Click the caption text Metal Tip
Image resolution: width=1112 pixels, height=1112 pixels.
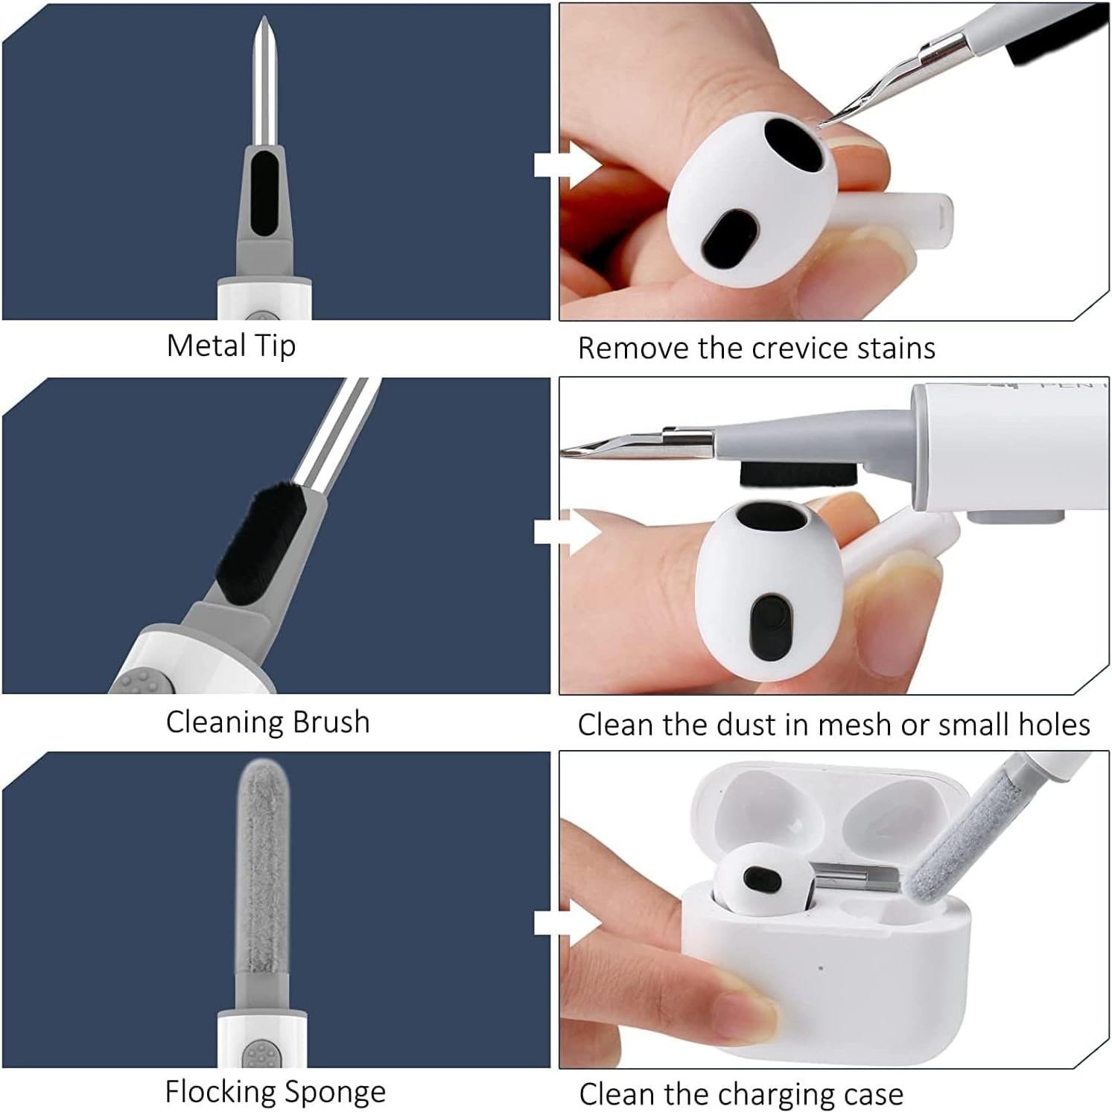click(x=231, y=346)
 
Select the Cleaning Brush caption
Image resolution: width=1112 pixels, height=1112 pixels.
click(x=267, y=722)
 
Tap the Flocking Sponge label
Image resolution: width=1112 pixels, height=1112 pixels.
click(x=275, y=1092)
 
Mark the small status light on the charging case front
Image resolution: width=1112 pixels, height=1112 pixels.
click(x=820, y=968)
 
